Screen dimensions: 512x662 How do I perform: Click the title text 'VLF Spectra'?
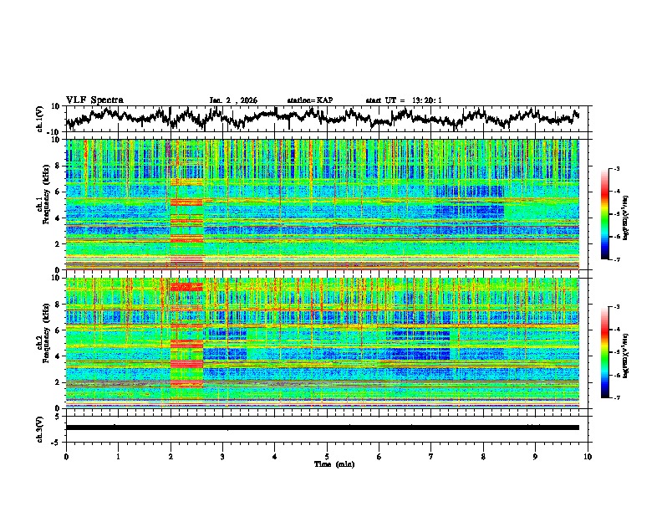(x=94, y=100)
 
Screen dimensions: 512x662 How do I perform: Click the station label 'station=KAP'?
(x=309, y=100)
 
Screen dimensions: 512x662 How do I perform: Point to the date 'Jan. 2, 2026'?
(x=232, y=100)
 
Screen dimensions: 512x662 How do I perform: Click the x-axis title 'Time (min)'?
(x=328, y=463)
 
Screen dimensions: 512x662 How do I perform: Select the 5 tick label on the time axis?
(x=327, y=456)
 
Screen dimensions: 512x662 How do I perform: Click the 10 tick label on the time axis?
(x=588, y=456)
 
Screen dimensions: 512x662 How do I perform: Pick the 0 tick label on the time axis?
(x=66, y=456)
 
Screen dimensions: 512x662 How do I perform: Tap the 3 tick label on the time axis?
(x=222, y=456)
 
